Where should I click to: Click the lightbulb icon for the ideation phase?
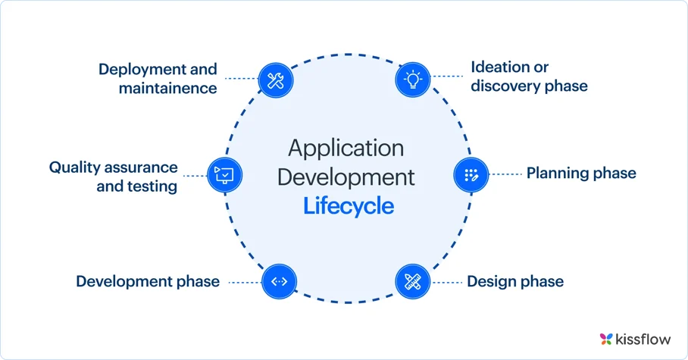[413, 79]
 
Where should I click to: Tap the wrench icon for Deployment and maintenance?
[276, 79]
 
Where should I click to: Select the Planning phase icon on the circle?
[471, 174]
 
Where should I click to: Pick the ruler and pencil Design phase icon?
[413, 282]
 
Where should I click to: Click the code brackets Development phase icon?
[279, 282]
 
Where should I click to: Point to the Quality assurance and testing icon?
[225, 174]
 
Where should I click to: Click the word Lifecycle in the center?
[349, 205]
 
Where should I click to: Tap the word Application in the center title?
[346, 148]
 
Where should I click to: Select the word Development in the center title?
[346, 177]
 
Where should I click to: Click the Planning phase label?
[581, 174]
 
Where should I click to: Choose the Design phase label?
[515, 282]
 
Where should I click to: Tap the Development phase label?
[148, 282]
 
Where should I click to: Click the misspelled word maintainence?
[167, 88]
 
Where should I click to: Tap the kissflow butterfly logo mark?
[605, 338]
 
